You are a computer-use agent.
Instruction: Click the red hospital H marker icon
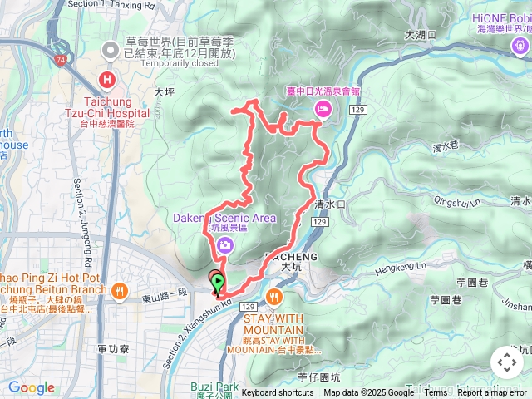[x=106, y=80]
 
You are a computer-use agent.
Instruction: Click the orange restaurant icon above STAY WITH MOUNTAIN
[x=274, y=295]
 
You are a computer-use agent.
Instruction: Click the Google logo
[x=31, y=387]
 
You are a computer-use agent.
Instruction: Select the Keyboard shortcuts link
[x=278, y=392]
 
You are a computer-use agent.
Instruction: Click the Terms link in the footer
[x=436, y=392]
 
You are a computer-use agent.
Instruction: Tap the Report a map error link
[x=493, y=392]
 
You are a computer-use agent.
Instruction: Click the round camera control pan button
[x=506, y=362]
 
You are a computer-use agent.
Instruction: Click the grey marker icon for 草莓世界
[x=110, y=51]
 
